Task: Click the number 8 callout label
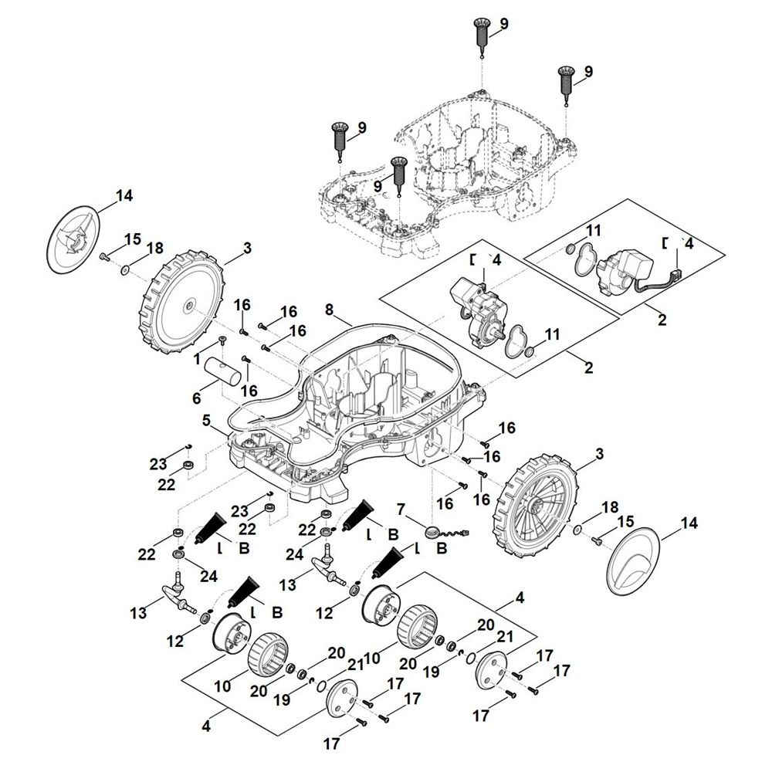point(329,310)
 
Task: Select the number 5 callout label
point(206,420)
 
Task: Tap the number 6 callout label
point(197,398)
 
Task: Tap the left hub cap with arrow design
point(74,238)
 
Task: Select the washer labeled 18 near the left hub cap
point(124,270)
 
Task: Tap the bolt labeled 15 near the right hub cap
point(596,542)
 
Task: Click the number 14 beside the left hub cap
point(124,196)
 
